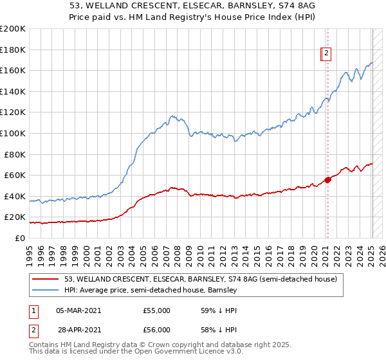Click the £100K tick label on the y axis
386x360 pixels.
point(12,133)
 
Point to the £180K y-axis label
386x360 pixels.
point(12,50)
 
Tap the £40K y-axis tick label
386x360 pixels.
point(15,196)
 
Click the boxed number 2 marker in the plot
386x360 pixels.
point(327,54)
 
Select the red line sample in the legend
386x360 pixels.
point(46,279)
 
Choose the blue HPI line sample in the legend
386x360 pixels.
point(46,290)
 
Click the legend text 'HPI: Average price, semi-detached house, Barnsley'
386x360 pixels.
point(151,290)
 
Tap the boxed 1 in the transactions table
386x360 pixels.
point(33,310)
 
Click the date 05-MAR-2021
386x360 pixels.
point(78,310)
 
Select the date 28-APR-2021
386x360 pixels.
point(78,330)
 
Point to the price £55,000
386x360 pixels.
point(157,310)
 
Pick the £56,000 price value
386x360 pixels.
point(157,330)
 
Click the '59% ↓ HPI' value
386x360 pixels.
point(219,310)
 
